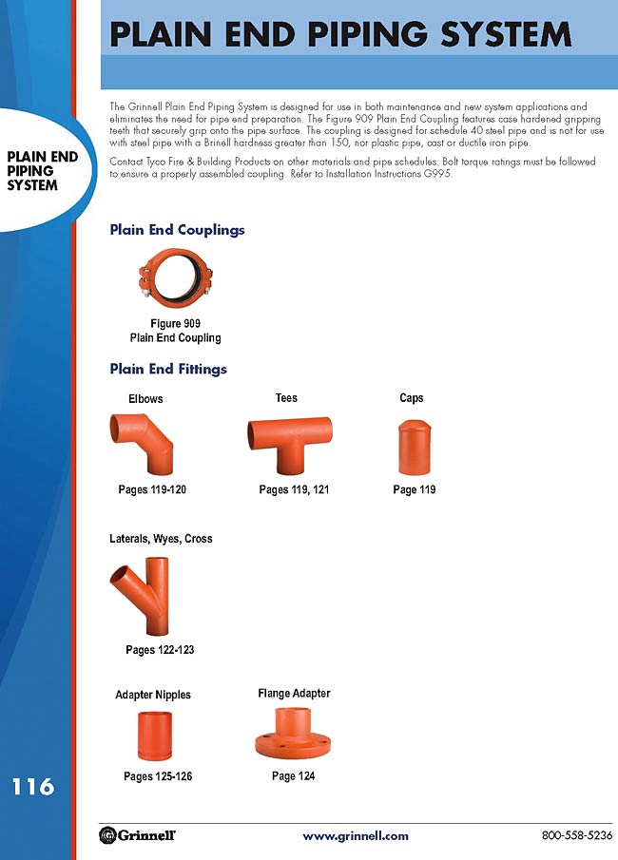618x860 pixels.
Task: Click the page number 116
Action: pyautogui.click(x=33, y=786)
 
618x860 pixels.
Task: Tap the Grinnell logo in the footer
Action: pyautogui.click(x=137, y=835)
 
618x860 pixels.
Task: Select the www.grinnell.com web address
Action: pyautogui.click(x=355, y=836)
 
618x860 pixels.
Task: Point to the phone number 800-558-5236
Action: pyautogui.click(x=577, y=836)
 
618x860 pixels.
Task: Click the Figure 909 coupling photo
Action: pyautogui.click(x=174, y=281)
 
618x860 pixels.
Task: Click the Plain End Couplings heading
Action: pyautogui.click(x=177, y=230)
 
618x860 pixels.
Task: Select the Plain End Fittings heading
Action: pyautogui.click(x=168, y=369)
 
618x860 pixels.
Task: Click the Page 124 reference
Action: pyautogui.click(x=293, y=776)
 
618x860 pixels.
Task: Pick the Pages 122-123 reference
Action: pyautogui.click(x=160, y=650)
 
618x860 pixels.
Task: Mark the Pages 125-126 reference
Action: pyautogui.click(x=158, y=777)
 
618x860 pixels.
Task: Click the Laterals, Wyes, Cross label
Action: pyautogui.click(x=161, y=539)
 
